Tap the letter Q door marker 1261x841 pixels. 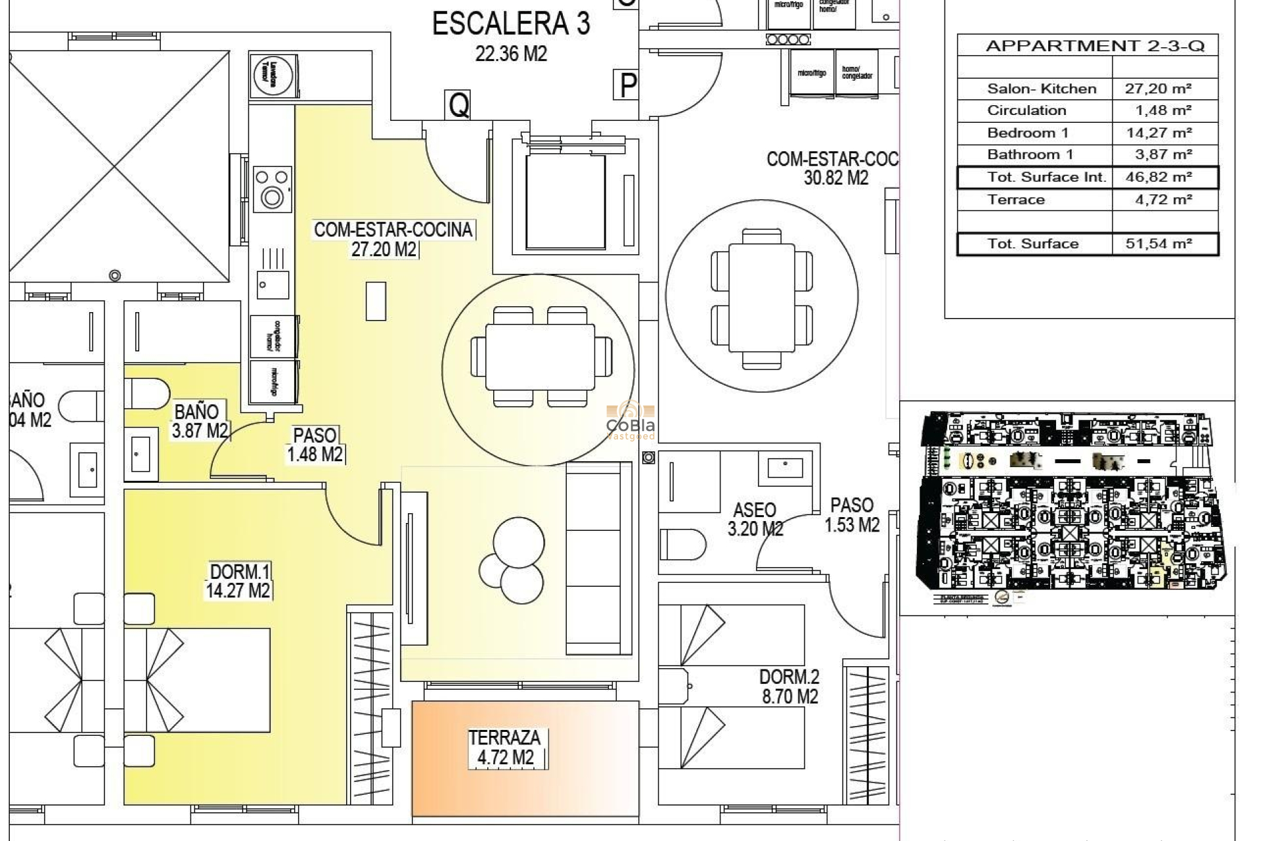click(x=458, y=104)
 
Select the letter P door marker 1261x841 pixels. click(x=628, y=85)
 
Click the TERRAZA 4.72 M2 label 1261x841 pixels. click(x=504, y=748)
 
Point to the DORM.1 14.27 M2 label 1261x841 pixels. click(x=238, y=581)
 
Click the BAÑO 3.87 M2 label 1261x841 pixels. click(x=199, y=421)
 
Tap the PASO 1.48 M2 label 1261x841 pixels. click(x=315, y=445)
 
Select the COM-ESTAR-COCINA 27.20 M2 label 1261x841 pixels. click(x=393, y=239)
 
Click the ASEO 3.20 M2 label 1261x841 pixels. click(x=755, y=519)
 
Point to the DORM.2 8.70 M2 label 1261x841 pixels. click(x=789, y=687)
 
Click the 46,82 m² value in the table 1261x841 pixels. click(x=1159, y=177)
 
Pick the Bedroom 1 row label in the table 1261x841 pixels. click(x=1028, y=133)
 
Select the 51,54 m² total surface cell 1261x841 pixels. click(x=1159, y=244)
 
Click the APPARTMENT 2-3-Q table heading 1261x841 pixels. click(x=1095, y=46)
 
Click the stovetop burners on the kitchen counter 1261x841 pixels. click(x=272, y=187)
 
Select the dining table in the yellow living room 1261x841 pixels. click(x=540, y=357)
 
